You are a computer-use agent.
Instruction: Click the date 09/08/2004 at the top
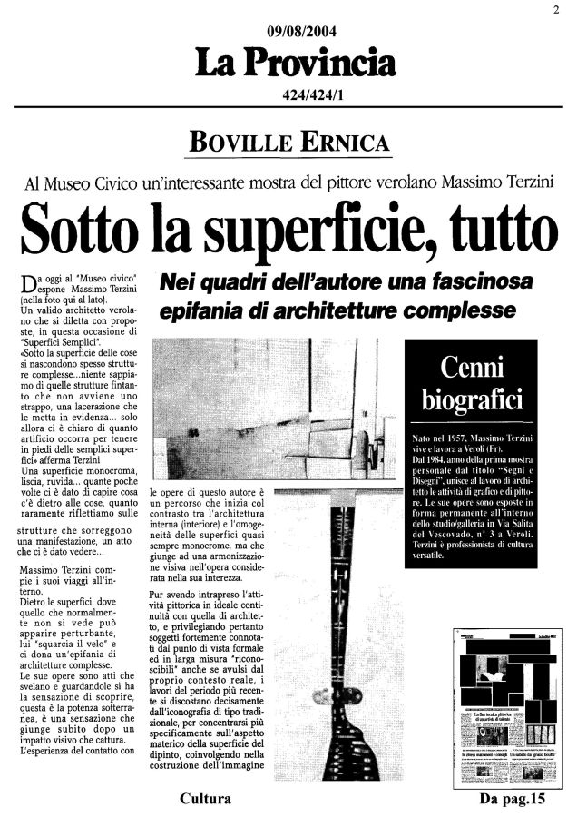pos(288,32)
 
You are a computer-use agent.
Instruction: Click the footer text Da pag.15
pos(517,799)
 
